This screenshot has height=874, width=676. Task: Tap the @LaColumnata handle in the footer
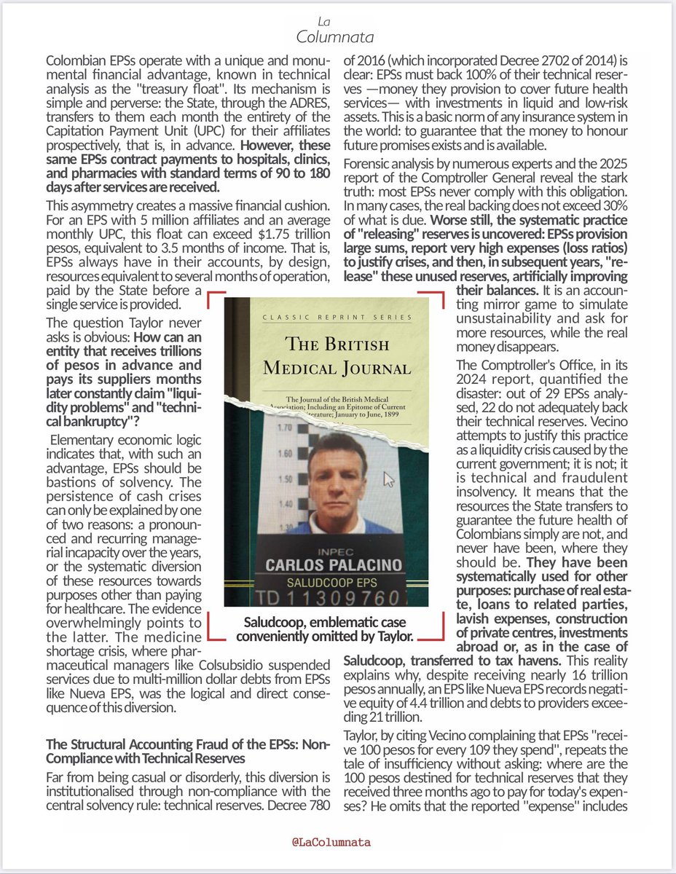(x=338, y=842)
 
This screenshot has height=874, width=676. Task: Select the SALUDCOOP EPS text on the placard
(x=325, y=583)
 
